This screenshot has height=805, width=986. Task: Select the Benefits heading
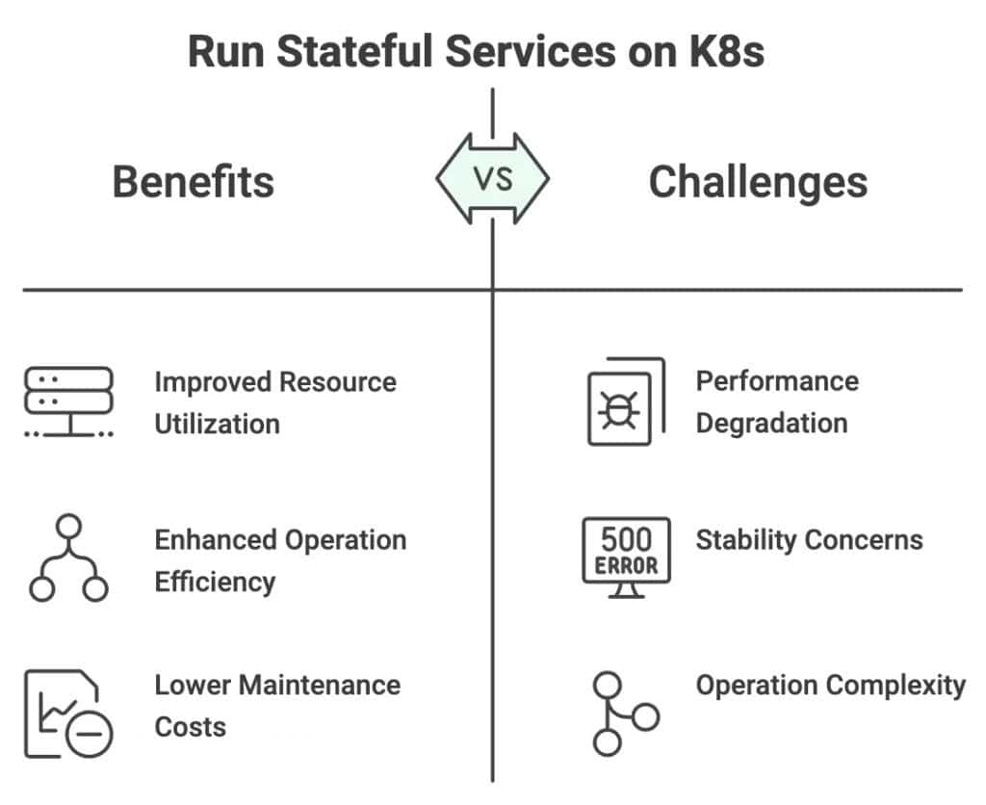point(194,181)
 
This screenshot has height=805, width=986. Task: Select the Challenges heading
point(758,181)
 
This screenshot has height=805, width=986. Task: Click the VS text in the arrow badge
point(493,178)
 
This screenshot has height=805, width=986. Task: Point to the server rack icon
point(67,402)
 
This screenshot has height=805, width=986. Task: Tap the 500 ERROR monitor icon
point(626,557)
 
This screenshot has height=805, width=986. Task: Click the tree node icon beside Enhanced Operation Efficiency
point(67,558)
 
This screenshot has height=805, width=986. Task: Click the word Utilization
point(217,424)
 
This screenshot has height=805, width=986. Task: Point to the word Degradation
point(771,423)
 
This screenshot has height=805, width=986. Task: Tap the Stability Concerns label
point(809,539)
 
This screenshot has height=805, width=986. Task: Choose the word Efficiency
point(215,582)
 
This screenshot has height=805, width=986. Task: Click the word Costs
point(190,727)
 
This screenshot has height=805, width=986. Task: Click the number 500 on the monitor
point(626,538)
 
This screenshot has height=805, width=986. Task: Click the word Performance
point(777,380)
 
